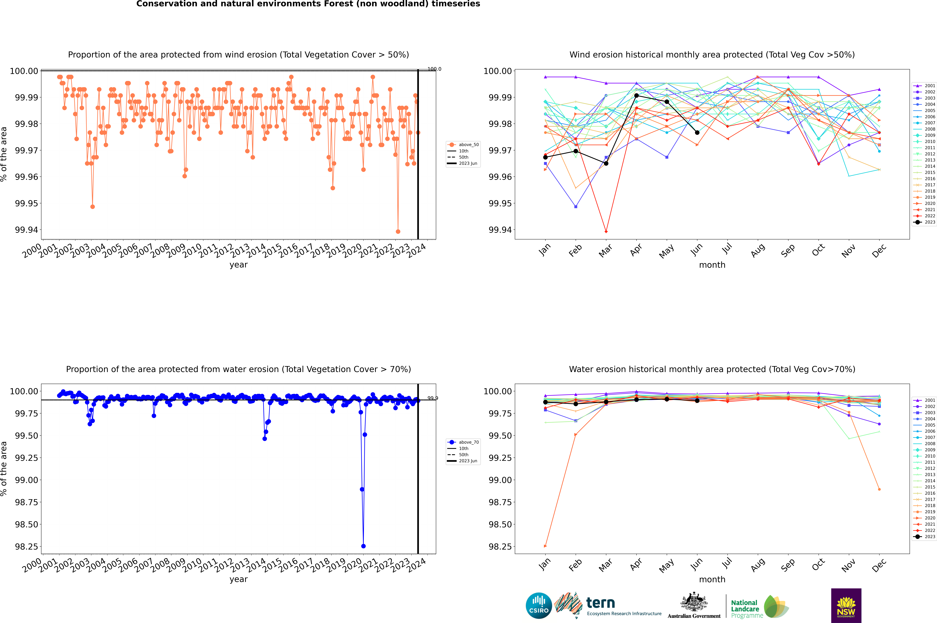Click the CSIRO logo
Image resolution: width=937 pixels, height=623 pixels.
[x=539, y=606]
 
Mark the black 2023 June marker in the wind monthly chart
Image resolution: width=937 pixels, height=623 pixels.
[x=697, y=133]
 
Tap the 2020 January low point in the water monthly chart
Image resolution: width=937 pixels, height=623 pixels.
[x=545, y=546]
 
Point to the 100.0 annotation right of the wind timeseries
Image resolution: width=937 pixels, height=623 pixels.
[x=434, y=69]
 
